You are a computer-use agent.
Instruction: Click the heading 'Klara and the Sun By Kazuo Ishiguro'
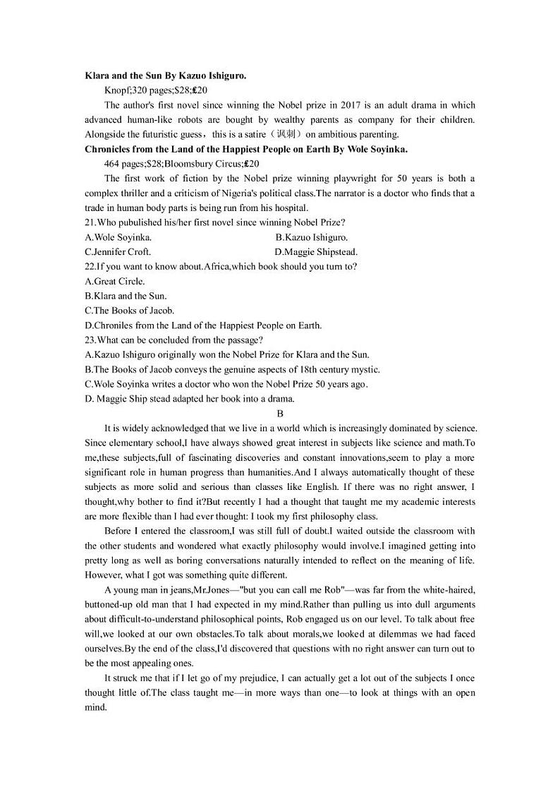click(x=165, y=76)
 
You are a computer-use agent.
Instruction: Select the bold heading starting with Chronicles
click(x=246, y=149)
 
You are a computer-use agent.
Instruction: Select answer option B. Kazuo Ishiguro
click(x=311, y=237)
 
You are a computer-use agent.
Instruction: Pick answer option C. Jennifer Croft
click(x=118, y=252)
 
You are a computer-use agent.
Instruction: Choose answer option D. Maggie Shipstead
click(x=316, y=252)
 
